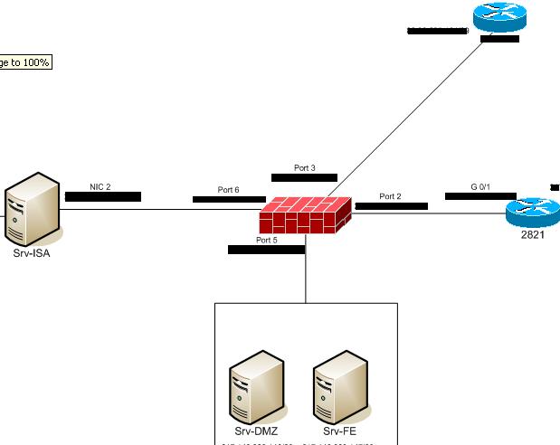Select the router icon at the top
[498, 19]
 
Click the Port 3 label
[305, 168]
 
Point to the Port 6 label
[228, 190]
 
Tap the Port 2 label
[390, 196]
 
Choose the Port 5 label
[266, 240]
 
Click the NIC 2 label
[100, 186]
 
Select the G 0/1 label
[479, 186]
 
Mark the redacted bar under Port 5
[266, 250]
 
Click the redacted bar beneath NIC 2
[102, 196]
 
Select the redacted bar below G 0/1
[479, 195]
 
